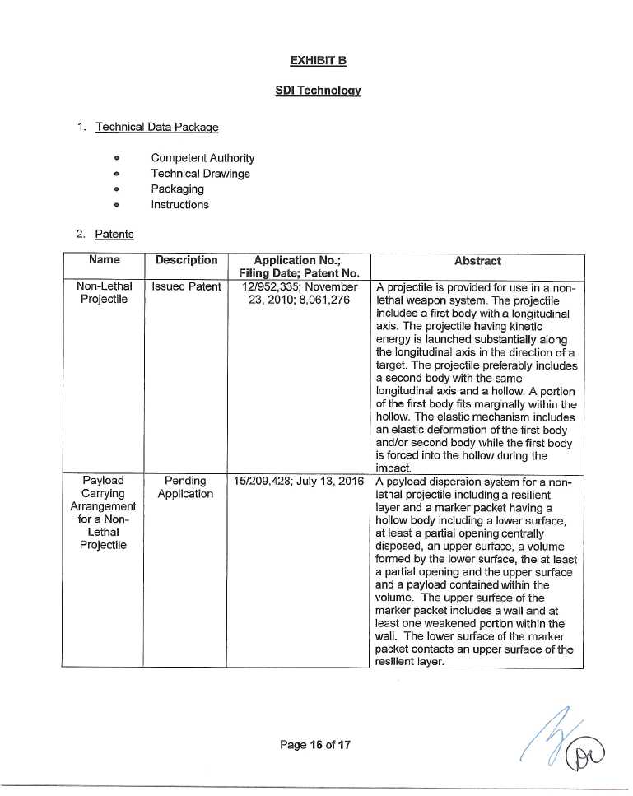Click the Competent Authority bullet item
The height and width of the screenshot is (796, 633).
[202, 158]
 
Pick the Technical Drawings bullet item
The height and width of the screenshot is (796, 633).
[200, 174]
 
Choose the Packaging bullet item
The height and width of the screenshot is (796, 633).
[177, 189]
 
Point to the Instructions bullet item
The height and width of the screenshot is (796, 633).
[179, 205]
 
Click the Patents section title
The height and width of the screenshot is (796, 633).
[114, 234]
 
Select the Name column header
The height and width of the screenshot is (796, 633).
[104, 260]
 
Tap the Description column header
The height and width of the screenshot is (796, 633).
[185, 260]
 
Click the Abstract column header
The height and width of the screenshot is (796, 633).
[477, 261]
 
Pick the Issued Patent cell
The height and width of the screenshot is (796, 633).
[186, 287]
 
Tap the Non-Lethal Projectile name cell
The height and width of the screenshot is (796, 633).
[104, 293]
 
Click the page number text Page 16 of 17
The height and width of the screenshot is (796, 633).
[316, 745]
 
